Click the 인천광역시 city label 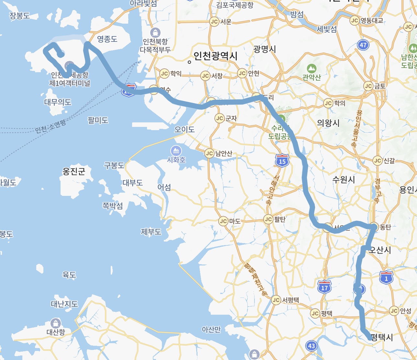pos(215,56)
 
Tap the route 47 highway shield pos(363,45)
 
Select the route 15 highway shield pos(282,161)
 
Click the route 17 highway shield pos(324,287)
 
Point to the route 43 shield pos(311,346)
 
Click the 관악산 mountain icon pos(312,68)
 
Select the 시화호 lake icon pos(176,151)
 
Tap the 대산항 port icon pos(56,323)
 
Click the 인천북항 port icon pos(155,33)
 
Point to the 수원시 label pos(344,180)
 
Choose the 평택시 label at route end pos(382,337)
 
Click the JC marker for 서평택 pos(276,300)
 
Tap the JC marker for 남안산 pos(209,153)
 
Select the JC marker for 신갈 pos(378,161)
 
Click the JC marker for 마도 pos(223,221)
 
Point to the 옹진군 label pos(74,171)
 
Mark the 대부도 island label pos(133,183)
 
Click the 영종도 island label pos(107,39)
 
